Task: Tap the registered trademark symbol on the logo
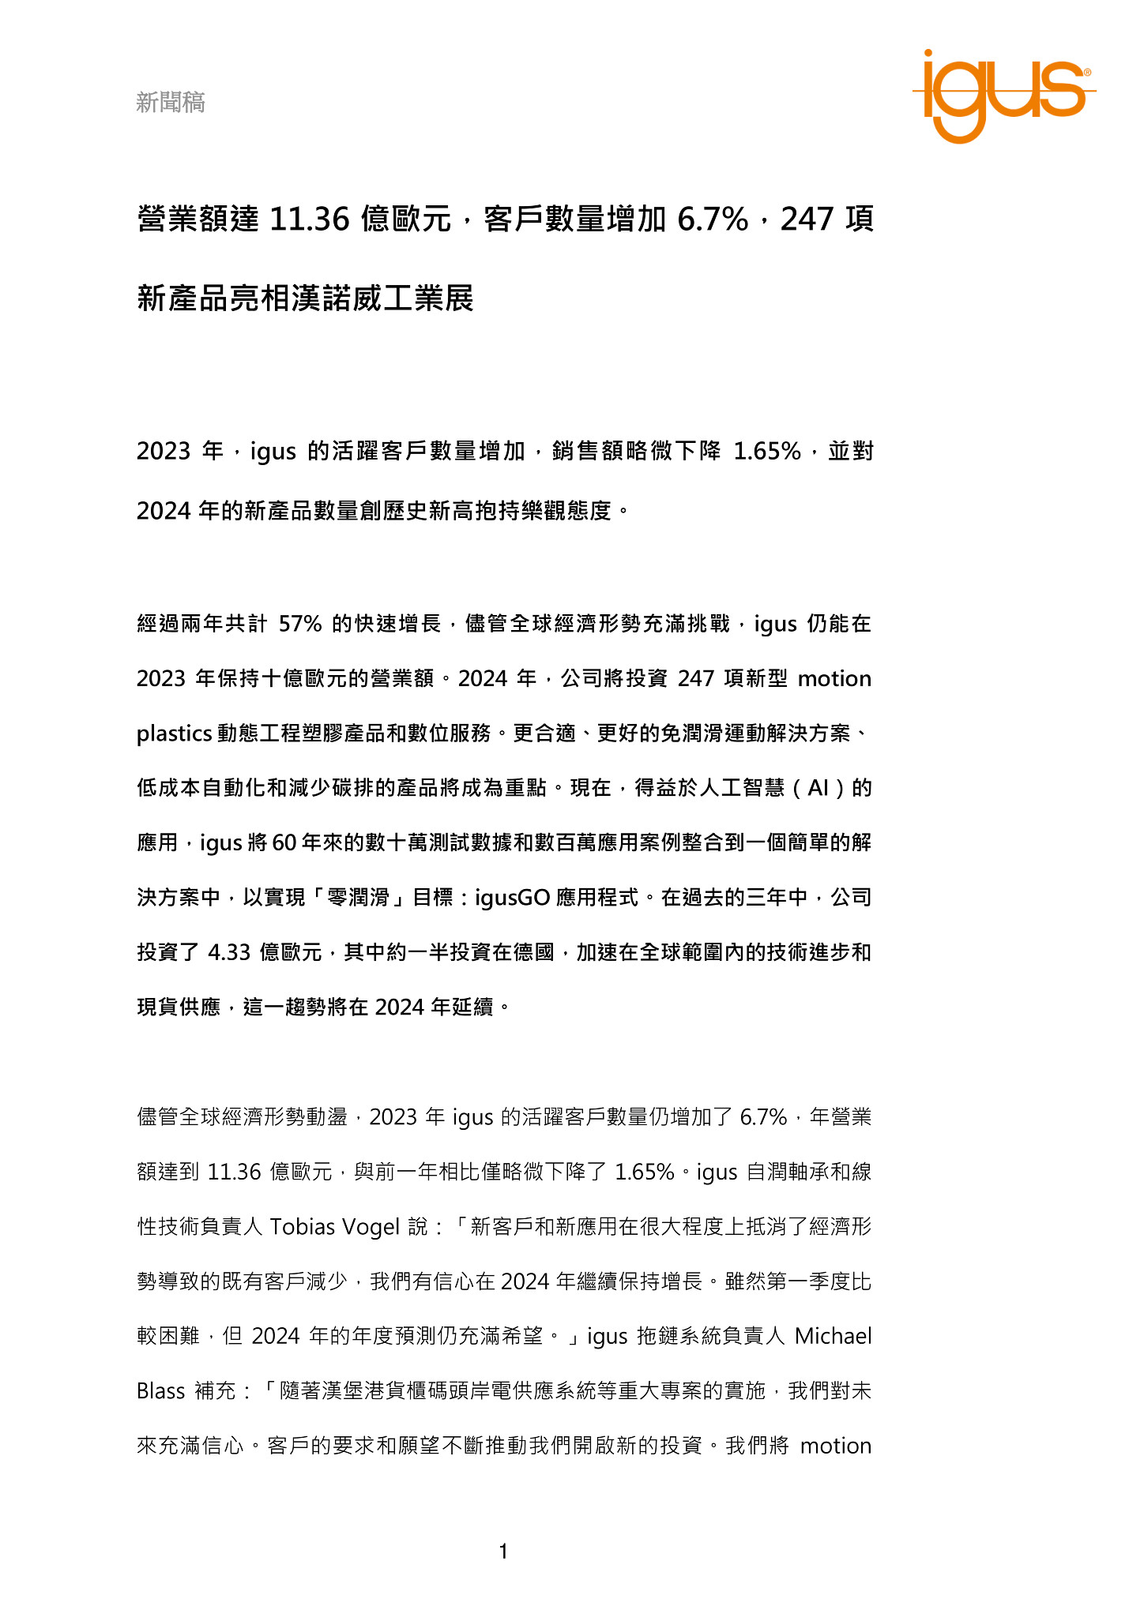tap(1088, 72)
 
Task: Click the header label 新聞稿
tap(171, 102)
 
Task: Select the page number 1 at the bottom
tap(503, 1551)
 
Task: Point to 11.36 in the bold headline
tap(309, 219)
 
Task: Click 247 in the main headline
tap(807, 219)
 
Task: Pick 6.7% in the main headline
tap(713, 219)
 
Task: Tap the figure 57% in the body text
tap(300, 624)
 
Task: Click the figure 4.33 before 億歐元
tap(229, 952)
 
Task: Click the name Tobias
tap(299, 1226)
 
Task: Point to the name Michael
tap(833, 1336)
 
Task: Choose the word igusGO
tap(512, 898)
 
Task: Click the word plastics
tap(174, 733)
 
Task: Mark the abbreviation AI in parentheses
tap(818, 788)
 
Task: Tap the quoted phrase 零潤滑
tap(359, 898)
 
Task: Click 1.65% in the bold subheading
tap(767, 452)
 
